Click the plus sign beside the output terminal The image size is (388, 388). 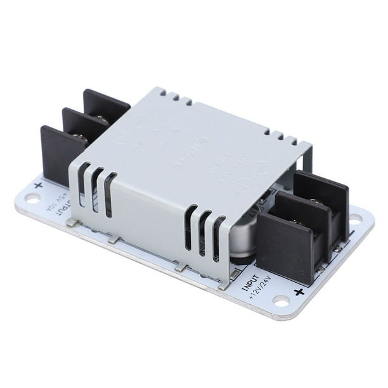(39, 185)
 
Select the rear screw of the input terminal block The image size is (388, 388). (315, 202)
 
